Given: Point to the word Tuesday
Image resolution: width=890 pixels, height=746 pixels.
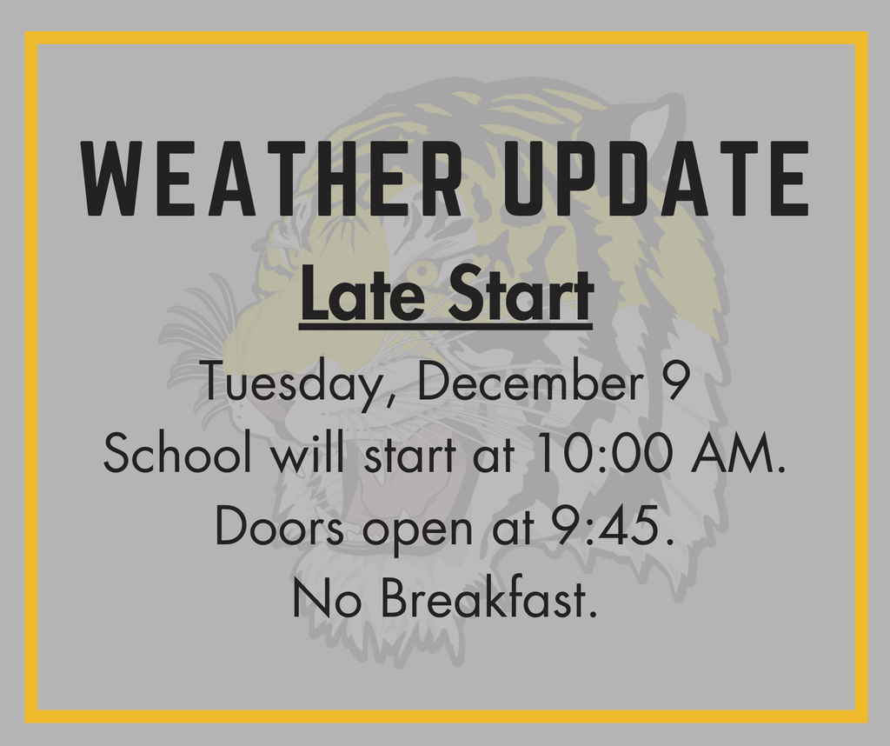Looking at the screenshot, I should pyautogui.click(x=291, y=383).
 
